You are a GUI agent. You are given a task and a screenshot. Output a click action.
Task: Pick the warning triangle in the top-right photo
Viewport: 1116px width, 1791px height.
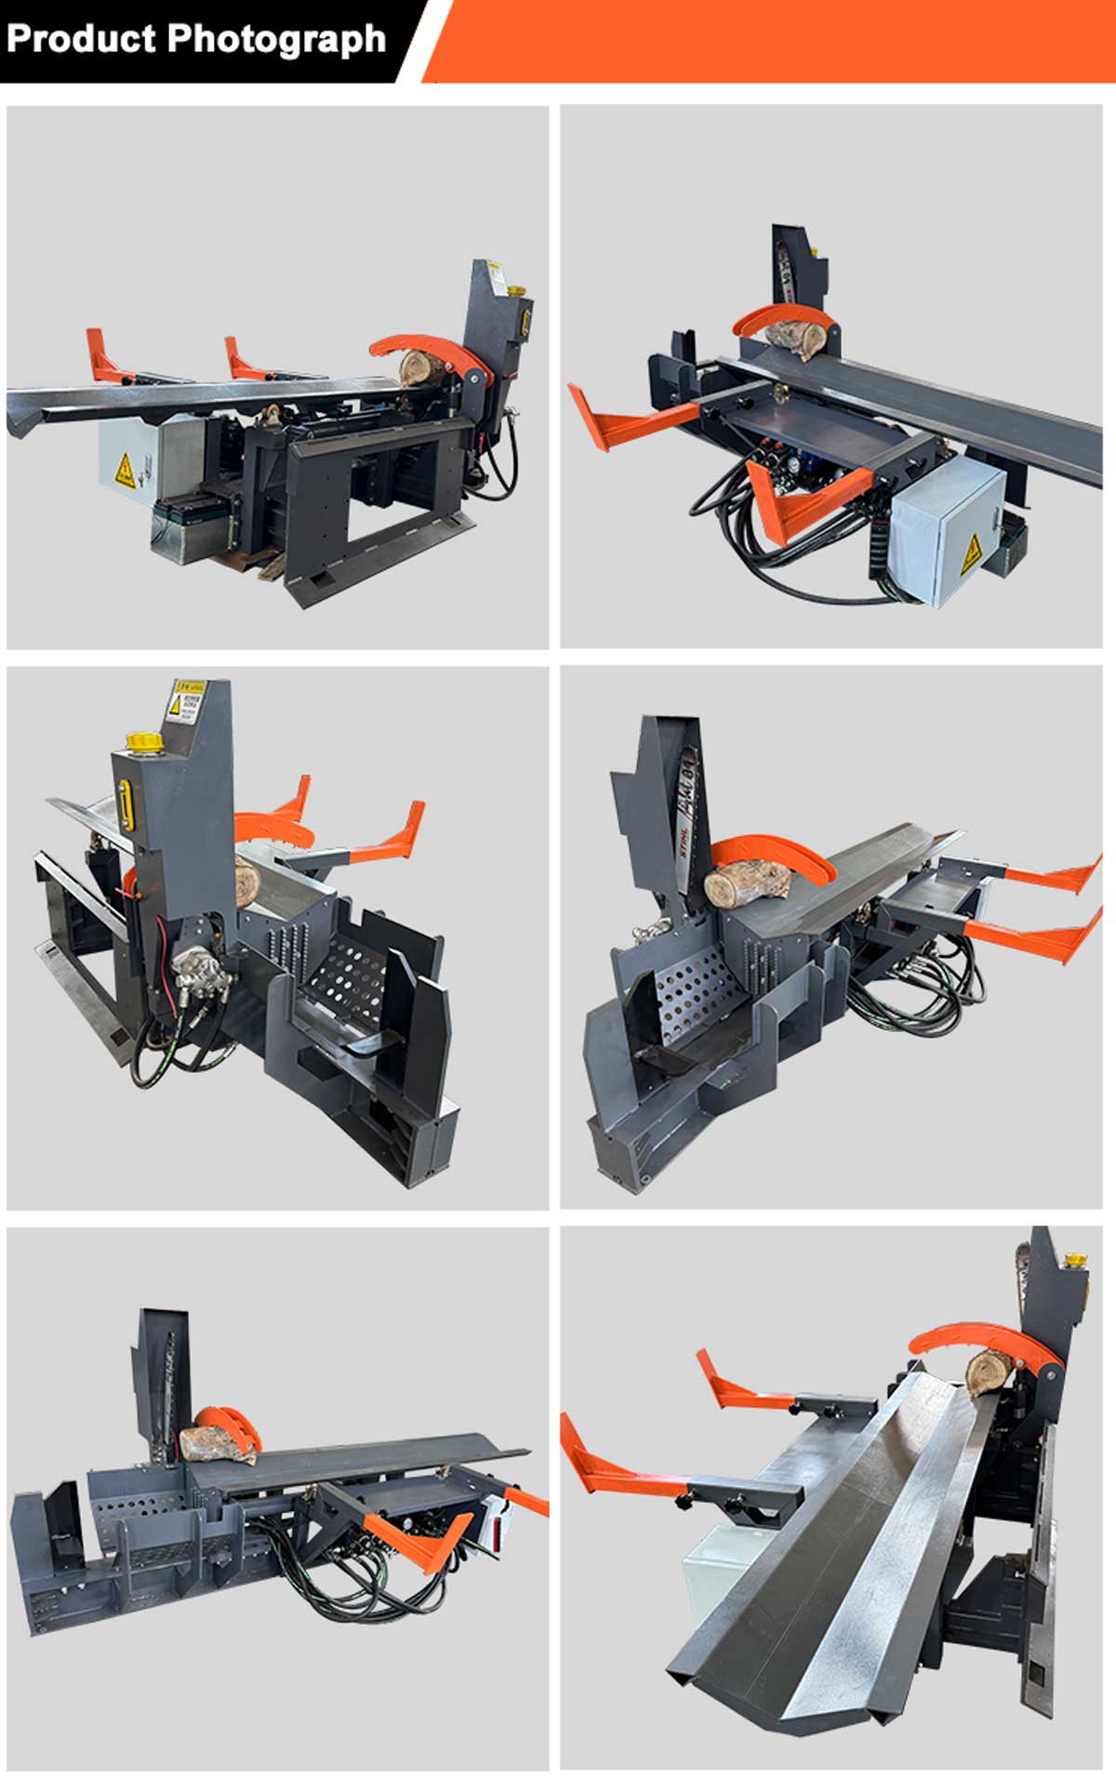point(971,554)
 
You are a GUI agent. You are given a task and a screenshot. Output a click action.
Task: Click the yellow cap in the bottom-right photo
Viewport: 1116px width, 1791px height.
point(1076,1261)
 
